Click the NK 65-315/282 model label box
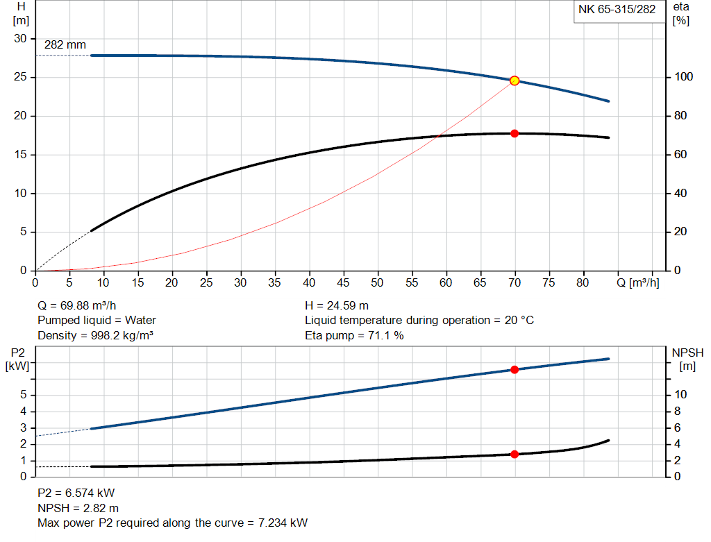tap(617, 10)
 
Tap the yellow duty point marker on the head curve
tap(515, 81)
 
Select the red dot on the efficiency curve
tap(515, 133)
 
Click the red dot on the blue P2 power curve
tap(515, 370)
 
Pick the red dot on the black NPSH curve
tap(515, 455)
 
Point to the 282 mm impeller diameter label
tap(65, 45)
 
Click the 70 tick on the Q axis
tap(515, 283)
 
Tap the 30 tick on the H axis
tap(20, 39)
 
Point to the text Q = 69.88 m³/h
tap(82, 305)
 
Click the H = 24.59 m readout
tap(337, 305)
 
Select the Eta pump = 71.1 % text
tap(354, 336)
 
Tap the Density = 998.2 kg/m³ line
tap(95, 336)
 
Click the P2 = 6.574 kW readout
tap(76, 493)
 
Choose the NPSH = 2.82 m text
tap(78, 508)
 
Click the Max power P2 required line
tap(172, 523)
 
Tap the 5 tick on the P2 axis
tap(23, 395)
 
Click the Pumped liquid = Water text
tap(97, 321)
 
